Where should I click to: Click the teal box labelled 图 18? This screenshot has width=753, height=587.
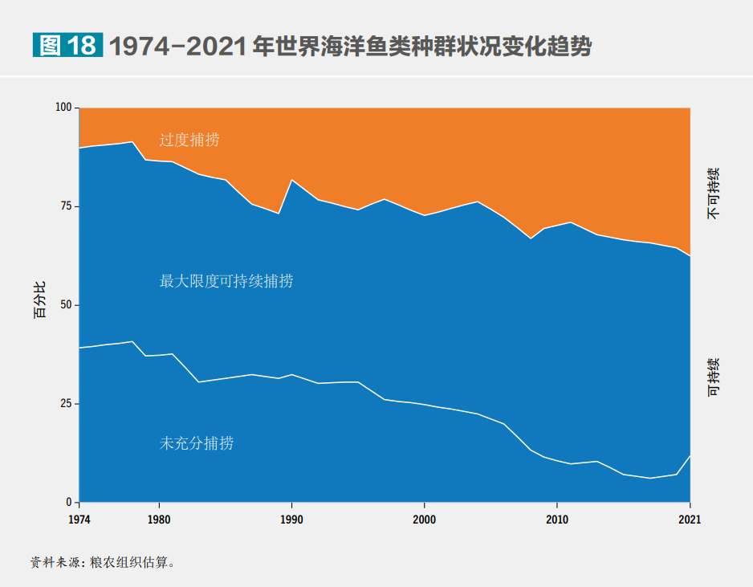(x=67, y=46)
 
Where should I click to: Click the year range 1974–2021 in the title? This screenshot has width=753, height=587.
(x=176, y=47)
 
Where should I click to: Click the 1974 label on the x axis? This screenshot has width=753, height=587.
(x=79, y=520)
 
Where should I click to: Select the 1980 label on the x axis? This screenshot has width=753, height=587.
(x=159, y=520)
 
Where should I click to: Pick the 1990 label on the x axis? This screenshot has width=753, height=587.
(x=291, y=520)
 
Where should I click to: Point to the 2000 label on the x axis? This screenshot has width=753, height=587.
(x=424, y=520)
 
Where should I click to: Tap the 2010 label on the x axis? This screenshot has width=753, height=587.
(x=557, y=520)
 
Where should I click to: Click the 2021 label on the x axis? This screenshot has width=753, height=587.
(x=690, y=520)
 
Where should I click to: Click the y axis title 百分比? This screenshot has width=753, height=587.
(x=40, y=300)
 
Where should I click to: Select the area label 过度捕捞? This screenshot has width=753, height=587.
(x=189, y=140)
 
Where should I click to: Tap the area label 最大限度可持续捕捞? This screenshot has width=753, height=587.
(x=226, y=281)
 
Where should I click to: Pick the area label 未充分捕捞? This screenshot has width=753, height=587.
(x=196, y=442)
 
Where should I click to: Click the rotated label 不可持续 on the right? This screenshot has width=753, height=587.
(x=713, y=194)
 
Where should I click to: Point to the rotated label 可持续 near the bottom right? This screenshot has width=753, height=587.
(x=713, y=377)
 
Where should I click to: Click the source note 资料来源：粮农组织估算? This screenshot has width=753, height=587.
(x=103, y=562)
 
